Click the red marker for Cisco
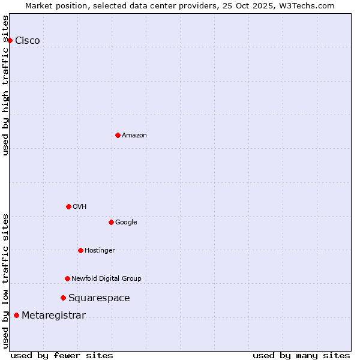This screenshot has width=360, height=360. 10,40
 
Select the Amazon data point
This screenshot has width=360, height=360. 118,135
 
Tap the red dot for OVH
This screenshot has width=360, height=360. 68,206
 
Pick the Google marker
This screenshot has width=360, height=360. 111,222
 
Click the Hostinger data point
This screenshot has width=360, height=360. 80,250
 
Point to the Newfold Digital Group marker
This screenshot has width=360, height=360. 67,278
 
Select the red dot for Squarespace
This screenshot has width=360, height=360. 63,298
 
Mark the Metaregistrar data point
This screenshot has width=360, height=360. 16,316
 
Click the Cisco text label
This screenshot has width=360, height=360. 28,41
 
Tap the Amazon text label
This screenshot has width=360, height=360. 134,136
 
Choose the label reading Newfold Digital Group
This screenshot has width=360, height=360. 106,278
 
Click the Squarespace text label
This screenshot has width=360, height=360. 99,298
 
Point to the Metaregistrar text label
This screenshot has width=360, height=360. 53,316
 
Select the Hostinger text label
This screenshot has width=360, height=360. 100,251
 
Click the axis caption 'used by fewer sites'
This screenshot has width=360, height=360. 62,356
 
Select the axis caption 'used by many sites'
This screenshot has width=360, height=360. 301,356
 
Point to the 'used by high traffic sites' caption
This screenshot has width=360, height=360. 6,85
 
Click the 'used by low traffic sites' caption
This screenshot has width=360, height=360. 6,281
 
